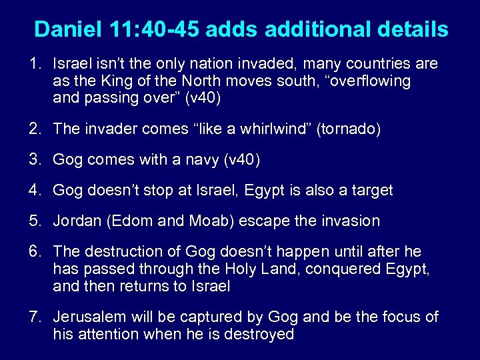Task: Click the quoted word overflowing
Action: coord(365,81)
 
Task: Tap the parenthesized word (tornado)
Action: coord(349,129)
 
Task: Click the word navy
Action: coord(203,159)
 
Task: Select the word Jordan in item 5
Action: coord(76,221)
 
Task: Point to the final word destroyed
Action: coord(258,334)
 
